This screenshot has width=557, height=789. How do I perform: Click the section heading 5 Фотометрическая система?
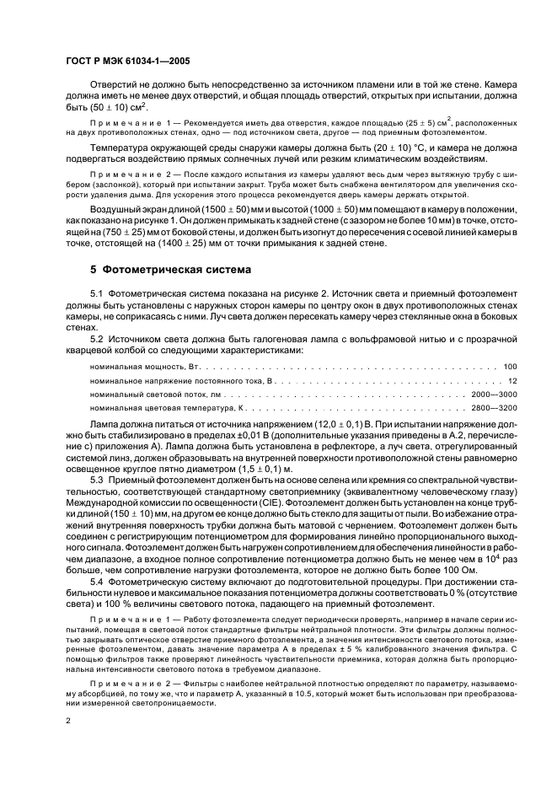(x=159, y=272)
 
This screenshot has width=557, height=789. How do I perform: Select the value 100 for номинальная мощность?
(x=510, y=367)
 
